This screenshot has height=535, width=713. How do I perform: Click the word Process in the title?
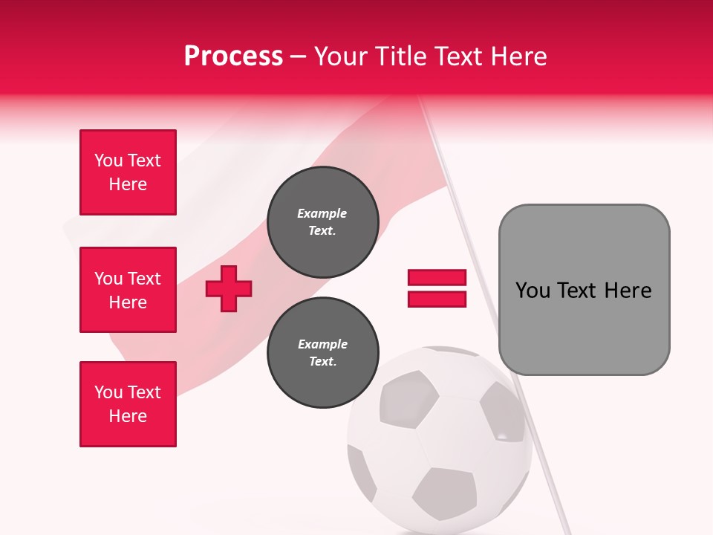pyautogui.click(x=233, y=56)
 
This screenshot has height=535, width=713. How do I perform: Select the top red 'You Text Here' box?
pyautogui.click(x=128, y=172)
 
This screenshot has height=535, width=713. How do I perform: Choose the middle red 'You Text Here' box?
pyautogui.click(x=128, y=290)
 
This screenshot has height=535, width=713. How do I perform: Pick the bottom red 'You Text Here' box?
pyautogui.click(x=128, y=404)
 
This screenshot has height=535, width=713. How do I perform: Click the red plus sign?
pyautogui.click(x=229, y=289)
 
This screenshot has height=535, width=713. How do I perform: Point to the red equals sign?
pyautogui.click(x=437, y=288)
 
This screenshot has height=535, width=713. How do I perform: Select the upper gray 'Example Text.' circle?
pyautogui.click(x=322, y=221)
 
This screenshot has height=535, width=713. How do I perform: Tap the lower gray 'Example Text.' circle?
pyautogui.click(x=322, y=352)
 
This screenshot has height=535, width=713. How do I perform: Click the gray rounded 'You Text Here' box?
pyautogui.click(x=584, y=290)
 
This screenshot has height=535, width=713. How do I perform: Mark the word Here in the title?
pyautogui.click(x=520, y=56)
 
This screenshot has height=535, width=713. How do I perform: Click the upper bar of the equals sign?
pyautogui.click(x=437, y=278)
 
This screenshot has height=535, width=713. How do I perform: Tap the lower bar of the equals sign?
pyautogui.click(x=437, y=299)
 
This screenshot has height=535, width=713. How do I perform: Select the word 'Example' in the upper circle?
pyautogui.click(x=322, y=214)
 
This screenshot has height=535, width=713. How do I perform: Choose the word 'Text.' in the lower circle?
pyautogui.click(x=322, y=362)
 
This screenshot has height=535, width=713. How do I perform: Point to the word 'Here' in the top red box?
pyautogui.click(x=128, y=184)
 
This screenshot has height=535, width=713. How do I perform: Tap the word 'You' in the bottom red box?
pyautogui.click(x=108, y=392)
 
